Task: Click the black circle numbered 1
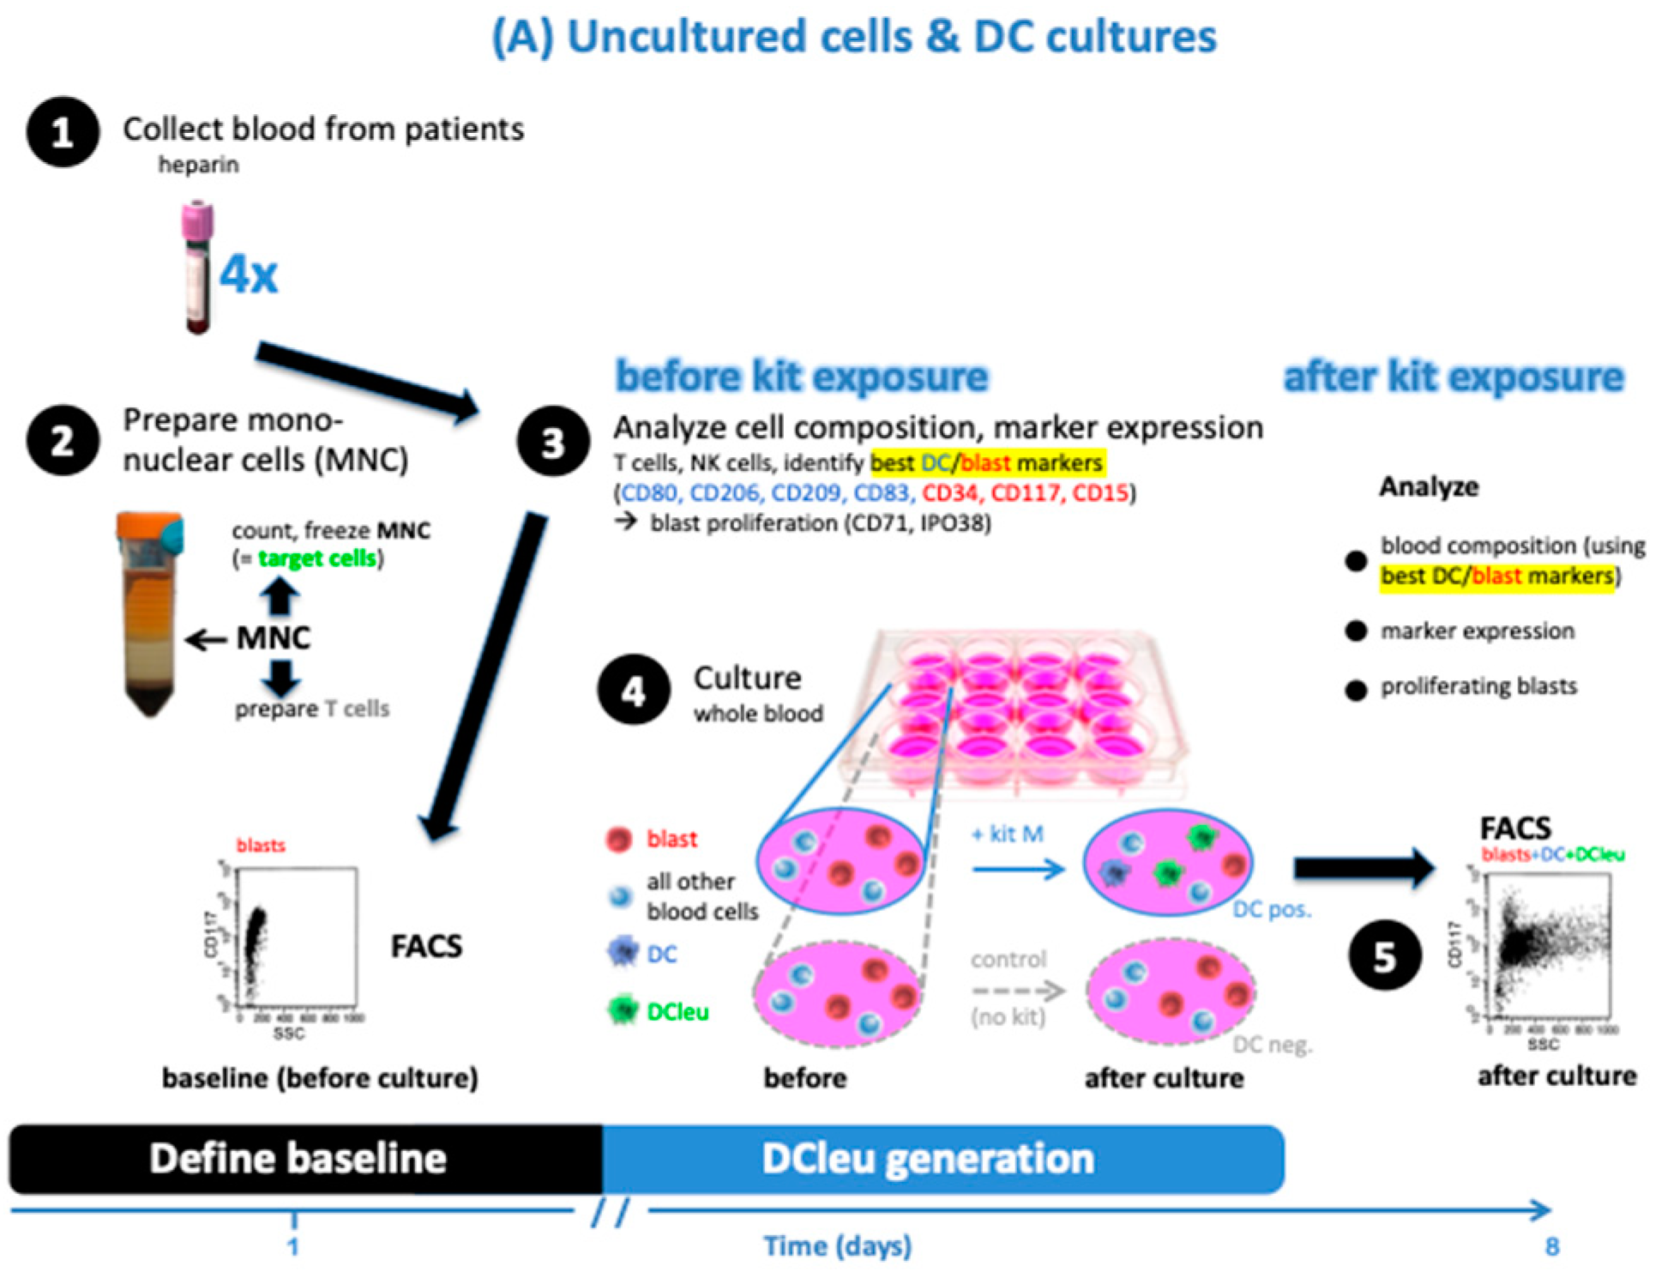coord(62,132)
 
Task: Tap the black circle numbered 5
coord(1384,955)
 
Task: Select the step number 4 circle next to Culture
coord(634,691)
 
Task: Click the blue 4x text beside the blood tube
coord(249,275)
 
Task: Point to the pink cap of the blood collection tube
coord(197,220)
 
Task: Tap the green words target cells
coord(317,558)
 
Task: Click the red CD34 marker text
coord(950,493)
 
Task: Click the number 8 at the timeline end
coord(1551,1246)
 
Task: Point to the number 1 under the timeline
coord(293,1246)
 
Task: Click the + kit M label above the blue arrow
coord(1008,834)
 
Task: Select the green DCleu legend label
coord(677,1012)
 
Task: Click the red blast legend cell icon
coord(619,839)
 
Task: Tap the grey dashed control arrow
coord(1018,991)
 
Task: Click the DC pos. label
coord(1271,909)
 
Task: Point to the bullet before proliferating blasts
coord(1355,690)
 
